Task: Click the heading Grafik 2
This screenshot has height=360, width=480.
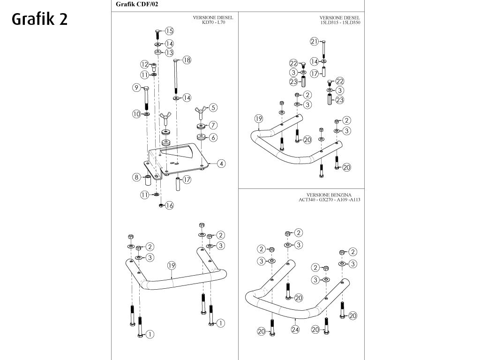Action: tap(39, 19)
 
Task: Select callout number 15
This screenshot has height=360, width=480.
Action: tap(169, 31)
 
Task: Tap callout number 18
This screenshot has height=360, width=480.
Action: tap(187, 60)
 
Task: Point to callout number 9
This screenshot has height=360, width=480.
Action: tap(137, 88)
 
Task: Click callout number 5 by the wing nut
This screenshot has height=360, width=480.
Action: tap(213, 108)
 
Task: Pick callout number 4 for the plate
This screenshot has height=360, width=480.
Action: tap(221, 164)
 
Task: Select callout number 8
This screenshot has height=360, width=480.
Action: tap(137, 177)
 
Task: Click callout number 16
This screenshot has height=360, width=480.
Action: tap(169, 205)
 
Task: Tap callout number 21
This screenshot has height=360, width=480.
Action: tap(314, 41)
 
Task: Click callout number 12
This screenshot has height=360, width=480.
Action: tap(145, 64)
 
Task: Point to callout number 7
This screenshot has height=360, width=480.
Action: tap(213, 125)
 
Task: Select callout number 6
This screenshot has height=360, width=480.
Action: tap(213, 137)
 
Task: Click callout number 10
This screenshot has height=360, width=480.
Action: tap(136, 113)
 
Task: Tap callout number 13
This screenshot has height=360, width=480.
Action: tap(169, 52)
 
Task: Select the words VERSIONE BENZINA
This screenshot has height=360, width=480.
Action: tap(329, 195)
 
